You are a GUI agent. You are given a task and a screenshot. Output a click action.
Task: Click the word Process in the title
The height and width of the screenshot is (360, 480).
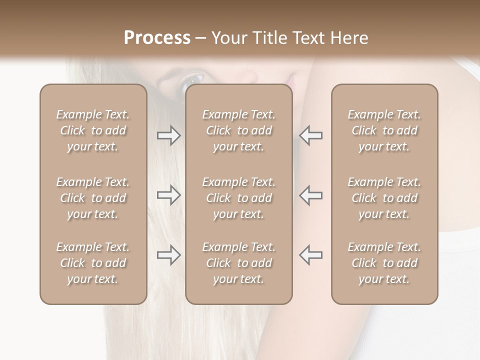[157, 38]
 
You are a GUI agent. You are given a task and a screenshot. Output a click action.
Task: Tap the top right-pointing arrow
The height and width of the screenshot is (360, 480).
[168, 135]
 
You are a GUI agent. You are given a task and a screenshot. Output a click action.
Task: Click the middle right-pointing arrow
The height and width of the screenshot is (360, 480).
[168, 195]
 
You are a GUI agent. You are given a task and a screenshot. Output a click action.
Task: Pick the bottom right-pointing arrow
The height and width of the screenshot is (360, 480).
[168, 255]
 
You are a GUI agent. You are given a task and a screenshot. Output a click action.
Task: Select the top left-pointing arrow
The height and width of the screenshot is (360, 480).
[311, 135]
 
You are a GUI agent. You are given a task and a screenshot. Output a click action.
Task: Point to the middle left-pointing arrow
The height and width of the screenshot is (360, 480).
[311, 195]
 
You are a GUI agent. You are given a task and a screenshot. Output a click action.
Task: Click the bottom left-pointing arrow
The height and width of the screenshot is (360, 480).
[311, 255]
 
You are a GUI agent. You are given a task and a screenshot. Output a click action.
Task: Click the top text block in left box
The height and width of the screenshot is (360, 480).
[93, 130]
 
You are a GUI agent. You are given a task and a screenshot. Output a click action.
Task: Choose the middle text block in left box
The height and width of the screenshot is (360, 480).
[93, 198]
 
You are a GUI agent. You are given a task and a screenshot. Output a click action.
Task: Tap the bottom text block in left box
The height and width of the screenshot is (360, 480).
[93, 263]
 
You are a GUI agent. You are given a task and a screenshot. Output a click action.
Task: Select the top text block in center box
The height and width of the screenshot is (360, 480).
[238, 130]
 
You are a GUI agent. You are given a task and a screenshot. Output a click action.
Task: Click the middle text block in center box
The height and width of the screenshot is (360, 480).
[238, 198]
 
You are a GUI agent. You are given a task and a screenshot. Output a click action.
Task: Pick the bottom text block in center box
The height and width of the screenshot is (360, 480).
[238, 263]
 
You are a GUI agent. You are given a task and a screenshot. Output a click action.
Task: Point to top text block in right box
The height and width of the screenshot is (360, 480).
[384, 130]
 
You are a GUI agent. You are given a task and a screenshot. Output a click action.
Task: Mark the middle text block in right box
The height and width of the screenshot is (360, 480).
[384, 198]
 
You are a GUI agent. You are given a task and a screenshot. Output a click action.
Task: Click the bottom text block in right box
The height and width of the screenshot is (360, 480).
[384, 263]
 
